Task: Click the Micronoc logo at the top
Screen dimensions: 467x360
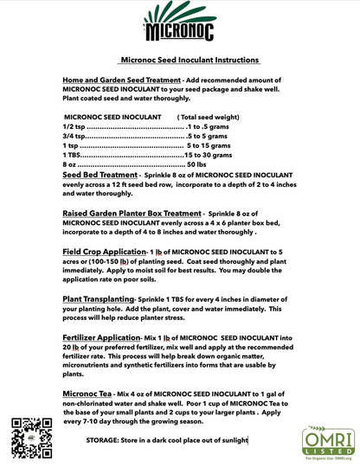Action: pyautogui.click(x=179, y=23)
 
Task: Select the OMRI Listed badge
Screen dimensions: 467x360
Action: pyautogui.click(x=328, y=440)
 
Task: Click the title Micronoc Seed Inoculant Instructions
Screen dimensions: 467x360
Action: pyautogui.click(x=188, y=60)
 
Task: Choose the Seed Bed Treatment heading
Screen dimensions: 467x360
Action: pyautogui.click(x=100, y=175)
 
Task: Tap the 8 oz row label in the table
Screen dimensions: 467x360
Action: pyautogui.click(x=70, y=164)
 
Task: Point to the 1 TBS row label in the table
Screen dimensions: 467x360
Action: pyautogui.click(x=74, y=155)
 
